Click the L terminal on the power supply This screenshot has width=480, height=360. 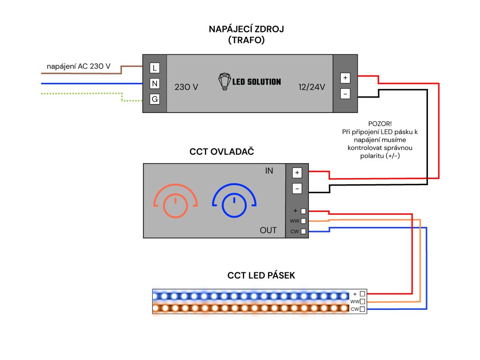pyautogui.click(x=155, y=68)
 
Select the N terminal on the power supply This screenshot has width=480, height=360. pyautogui.click(x=155, y=83)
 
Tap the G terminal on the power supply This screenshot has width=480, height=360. pyautogui.click(x=155, y=99)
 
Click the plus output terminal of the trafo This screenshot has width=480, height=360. pyautogui.click(x=345, y=78)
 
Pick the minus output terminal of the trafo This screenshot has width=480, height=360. pyautogui.click(x=345, y=94)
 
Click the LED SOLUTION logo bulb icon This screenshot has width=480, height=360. pyautogui.click(x=225, y=81)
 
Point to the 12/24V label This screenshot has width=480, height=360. pyautogui.click(x=312, y=87)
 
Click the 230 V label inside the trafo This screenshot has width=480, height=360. pyautogui.click(x=186, y=87)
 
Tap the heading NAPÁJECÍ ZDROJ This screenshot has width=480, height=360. pyautogui.click(x=247, y=30)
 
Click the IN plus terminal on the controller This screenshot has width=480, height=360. pyautogui.click(x=297, y=172)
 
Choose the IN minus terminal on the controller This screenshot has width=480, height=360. pyautogui.click(x=297, y=189)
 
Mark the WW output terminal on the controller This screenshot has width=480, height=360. pyautogui.click(x=303, y=221)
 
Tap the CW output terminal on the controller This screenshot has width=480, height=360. pyautogui.click(x=303, y=231)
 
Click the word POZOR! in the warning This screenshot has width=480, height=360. pyautogui.click(x=380, y=123)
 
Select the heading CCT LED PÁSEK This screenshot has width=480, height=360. pyautogui.click(x=261, y=276)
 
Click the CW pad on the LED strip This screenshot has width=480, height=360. pyautogui.click(x=362, y=309)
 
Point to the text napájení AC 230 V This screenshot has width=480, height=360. pyautogui.click(x=79, y=67)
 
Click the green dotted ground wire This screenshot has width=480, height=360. pyautogui.click(x=84, y=93)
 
